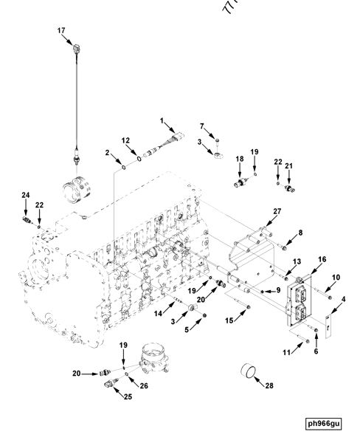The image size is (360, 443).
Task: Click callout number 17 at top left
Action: click(62, 30)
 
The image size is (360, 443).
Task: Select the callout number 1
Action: click(163, 120)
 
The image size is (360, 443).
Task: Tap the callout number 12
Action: click(126, 140)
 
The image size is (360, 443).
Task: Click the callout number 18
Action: click(239, 159)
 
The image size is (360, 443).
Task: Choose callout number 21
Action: click(289, 166)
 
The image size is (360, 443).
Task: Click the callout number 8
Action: click(300, 233)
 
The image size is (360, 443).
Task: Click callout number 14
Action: click(156, 314)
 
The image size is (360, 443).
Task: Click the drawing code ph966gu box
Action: click(325, 423)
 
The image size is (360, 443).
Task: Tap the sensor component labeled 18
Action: click(240, 182)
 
